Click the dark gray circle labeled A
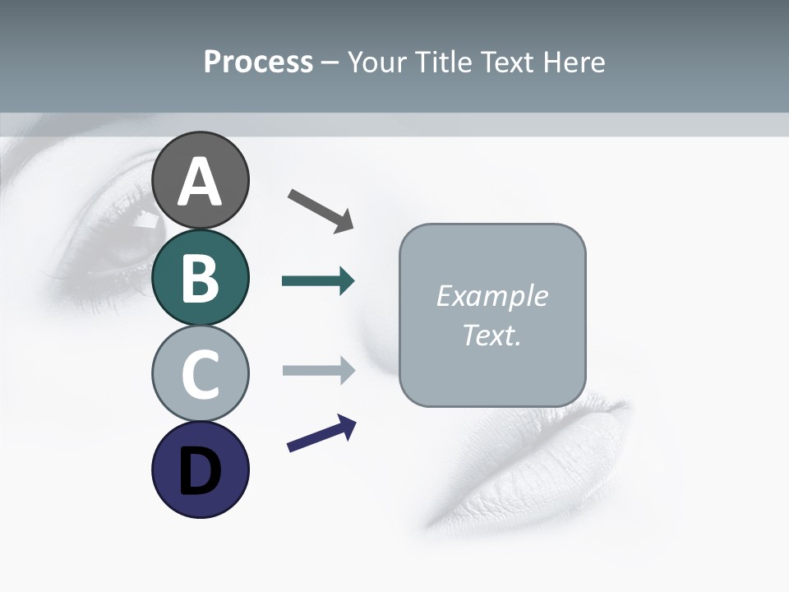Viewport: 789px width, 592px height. tap(200, 180)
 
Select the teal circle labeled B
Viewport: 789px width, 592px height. tap(200, 277)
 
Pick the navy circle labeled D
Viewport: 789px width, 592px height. tap(200, 469)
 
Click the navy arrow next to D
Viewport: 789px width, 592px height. tap(321, 434)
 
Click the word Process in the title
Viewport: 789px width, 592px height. tap(258, 62)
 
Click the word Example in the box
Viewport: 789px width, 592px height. tap(492, 296)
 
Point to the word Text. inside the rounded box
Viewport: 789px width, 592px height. tap(492, 335)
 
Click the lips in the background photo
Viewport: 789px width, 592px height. tap(526, 460)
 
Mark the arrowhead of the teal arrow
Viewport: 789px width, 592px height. tap(346, 281)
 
